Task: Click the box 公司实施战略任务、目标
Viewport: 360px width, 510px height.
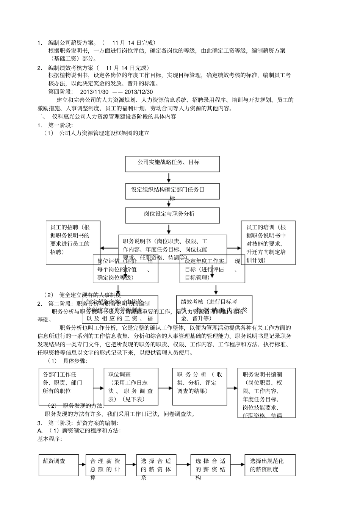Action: coord(172,164)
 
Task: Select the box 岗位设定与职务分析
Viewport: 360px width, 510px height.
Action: coord(172,215)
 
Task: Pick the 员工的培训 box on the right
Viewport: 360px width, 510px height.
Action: coord(268,242)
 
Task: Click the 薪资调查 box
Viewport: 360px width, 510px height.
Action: coord(58,465)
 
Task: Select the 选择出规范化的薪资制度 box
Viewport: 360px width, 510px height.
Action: coord(270,465)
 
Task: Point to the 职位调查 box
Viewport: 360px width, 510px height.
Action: coord(130,386)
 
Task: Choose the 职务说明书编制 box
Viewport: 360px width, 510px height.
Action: coord(266,393)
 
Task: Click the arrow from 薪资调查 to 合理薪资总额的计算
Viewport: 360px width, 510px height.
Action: coord(82,465)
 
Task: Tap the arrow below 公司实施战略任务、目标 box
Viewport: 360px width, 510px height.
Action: coord(169,178)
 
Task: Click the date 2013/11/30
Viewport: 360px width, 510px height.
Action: coord(94,92)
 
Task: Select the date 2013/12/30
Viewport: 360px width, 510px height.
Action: coord(139,92)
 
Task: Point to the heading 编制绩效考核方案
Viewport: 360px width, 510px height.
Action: coord(71,68)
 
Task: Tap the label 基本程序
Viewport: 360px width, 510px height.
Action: coord(50,439)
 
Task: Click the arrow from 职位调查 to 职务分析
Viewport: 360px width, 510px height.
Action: coord(165,388)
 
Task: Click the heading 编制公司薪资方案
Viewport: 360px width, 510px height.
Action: coord(71,43)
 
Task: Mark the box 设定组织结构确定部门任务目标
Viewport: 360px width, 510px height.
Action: coord(172,191)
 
